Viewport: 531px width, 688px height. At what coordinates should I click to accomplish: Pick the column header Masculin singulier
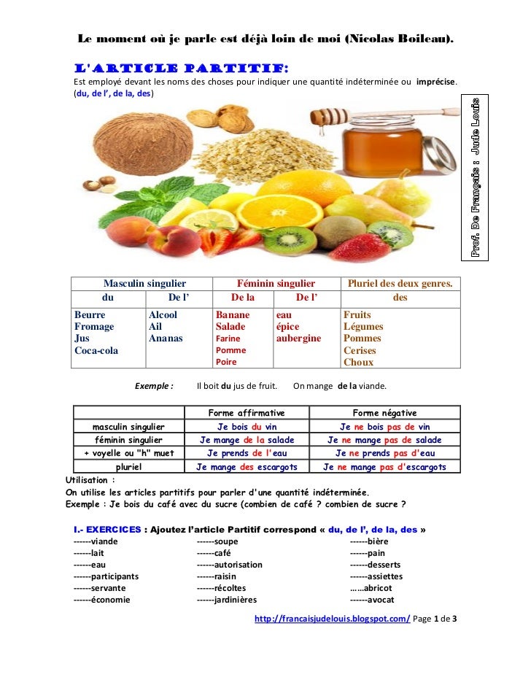coord(144,283)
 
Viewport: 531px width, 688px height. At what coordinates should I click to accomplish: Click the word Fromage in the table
coord(94,327)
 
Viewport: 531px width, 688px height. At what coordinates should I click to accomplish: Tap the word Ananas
coord(166,339)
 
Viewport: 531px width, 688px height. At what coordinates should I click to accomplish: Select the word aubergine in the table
coord(298,339)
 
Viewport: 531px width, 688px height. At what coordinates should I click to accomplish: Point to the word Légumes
coord(363,327)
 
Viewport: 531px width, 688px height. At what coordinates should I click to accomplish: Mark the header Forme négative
coord(384,413)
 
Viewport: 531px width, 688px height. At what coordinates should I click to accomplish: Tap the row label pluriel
coord(128,467)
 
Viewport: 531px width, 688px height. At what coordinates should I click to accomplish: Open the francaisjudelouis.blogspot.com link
coord(332,619)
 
